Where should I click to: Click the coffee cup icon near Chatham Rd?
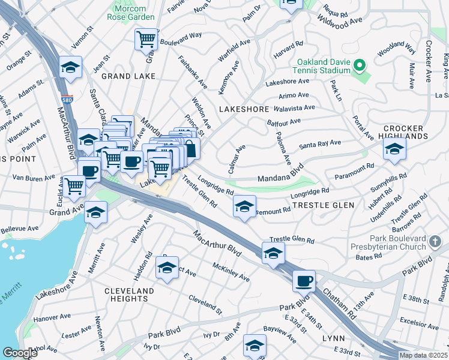(304, 281)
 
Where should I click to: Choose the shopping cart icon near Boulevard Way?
(145, 41)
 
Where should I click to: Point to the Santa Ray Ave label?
(320, 144)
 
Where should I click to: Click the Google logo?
(19, 353)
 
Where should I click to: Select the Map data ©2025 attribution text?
(423, 355)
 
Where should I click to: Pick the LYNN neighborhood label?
(333, 338)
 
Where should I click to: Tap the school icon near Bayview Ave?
(255, 346)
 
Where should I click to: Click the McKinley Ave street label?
(231, 271)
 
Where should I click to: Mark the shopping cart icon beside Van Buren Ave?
(74, 186)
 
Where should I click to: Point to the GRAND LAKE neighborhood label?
(128, 76)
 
